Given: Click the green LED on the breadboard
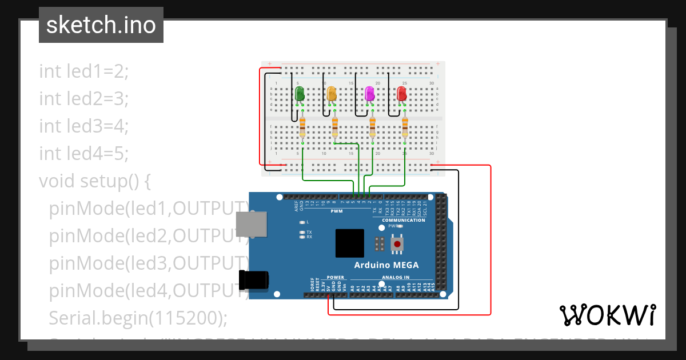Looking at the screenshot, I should [299, 94].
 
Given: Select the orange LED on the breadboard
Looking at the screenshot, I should [331, 94].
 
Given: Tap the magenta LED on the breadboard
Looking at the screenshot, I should [369, 94].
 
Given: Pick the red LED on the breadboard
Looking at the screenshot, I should [402, 94].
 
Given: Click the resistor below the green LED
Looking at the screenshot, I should [302, 126].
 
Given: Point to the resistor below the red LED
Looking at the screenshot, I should [405, 126].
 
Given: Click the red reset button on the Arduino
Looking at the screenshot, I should [397, 245].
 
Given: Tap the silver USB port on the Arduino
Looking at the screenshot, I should [251, 225].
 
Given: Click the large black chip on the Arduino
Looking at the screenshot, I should [349, 243].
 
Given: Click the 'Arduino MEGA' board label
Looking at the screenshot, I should [386, 265].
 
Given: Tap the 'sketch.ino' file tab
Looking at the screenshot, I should [101, 25].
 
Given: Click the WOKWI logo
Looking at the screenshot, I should [607, 315].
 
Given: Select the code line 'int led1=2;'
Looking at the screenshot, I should [85, 71].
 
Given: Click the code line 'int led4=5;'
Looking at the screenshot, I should [85, 154].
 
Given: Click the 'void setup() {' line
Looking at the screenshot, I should [95, 181].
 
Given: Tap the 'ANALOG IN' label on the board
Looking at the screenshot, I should [395, 277].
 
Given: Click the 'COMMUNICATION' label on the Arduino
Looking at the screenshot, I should [404, 220].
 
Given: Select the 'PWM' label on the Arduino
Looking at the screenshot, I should [336, 211].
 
